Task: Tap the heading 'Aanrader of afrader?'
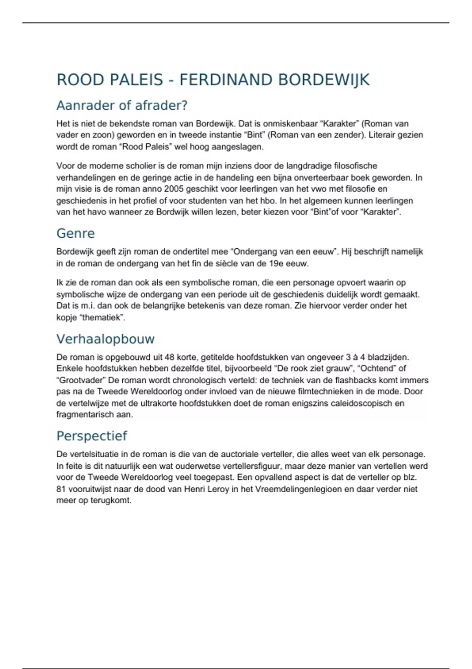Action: pos(122,105)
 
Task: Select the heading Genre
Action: pos(76,233)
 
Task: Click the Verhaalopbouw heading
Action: pos(105,339)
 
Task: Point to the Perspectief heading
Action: pos(92,436)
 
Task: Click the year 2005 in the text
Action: pos(173,189)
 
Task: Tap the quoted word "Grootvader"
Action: pos(82,380)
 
